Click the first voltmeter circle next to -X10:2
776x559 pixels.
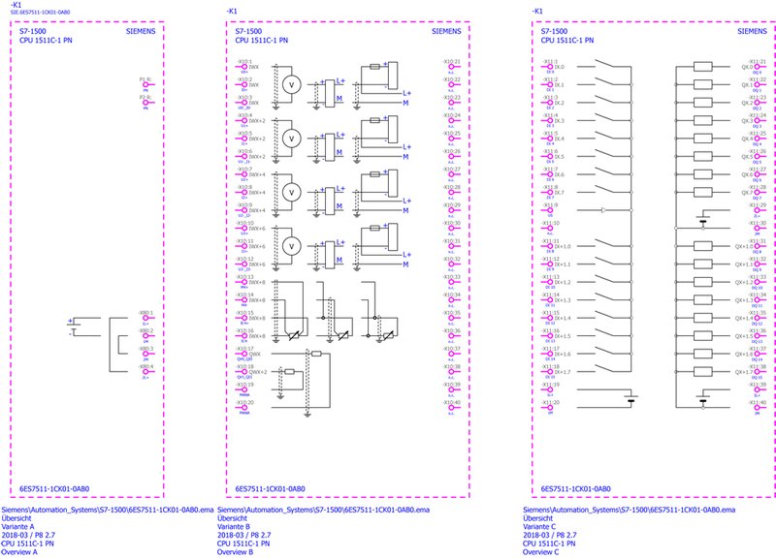click(287, 84)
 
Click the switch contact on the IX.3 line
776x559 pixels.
click(605, 121)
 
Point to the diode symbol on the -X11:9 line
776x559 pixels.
click(603, 209)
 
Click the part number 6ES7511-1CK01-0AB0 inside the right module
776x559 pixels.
click(575, 489)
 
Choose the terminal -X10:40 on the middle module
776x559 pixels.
click(452, 408)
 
